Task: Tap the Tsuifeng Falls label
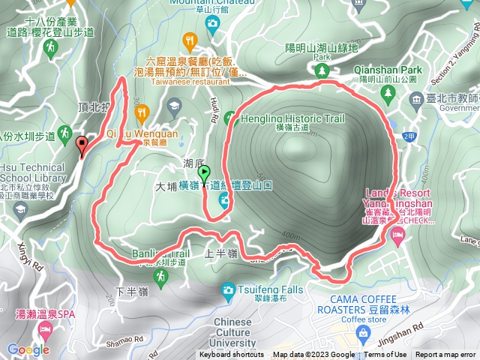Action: pyautogui.click(x=262, y=289)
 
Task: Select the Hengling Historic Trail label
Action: pyautogui.click(x=283, y=118)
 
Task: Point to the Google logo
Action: pyautogui.click(x=28, y=349)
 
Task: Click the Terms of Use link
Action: pyautogui.click(x=385, y=355)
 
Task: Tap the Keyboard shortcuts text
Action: pyautogui.click(x=232, y=355)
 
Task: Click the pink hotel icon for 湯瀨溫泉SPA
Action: pyautogui.click(x=43, y=330)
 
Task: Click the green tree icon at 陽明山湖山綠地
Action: pyautogui.click(x=323, y=70)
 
